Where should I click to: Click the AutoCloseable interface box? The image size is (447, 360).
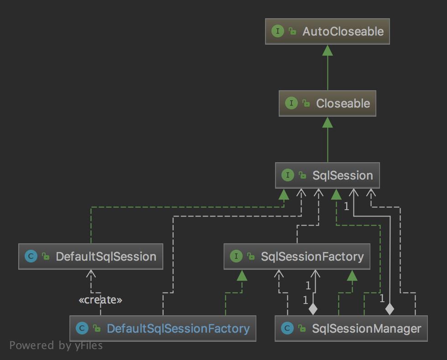click(327, 31)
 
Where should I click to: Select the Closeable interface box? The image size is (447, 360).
click(327, 103)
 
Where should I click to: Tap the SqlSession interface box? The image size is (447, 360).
click(327, 175)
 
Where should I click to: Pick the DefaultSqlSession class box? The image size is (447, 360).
click(91, 257)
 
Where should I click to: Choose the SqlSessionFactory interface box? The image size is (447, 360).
click(297, 257)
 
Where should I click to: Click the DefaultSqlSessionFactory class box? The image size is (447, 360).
click(163, 329)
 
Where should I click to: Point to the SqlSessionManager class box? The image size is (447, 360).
click(351, 329)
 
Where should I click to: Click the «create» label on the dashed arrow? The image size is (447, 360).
click(100, 300)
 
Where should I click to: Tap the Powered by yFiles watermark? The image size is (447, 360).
click(56, 345)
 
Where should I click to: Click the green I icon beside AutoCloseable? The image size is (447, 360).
click(277, 31)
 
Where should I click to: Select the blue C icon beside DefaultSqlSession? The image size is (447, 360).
click(31, 257)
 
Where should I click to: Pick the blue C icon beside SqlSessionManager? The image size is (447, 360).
click(287, 329)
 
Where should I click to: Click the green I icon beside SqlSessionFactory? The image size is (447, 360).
click(236, 257)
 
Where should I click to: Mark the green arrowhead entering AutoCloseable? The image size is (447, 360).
click(327, 50)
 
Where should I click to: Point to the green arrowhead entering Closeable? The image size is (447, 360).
click(327, 122)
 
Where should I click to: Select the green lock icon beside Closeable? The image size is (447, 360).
click(306, 104)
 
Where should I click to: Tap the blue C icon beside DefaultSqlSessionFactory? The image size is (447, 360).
click(82, 329)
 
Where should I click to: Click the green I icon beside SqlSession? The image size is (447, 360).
click(288, 175)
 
